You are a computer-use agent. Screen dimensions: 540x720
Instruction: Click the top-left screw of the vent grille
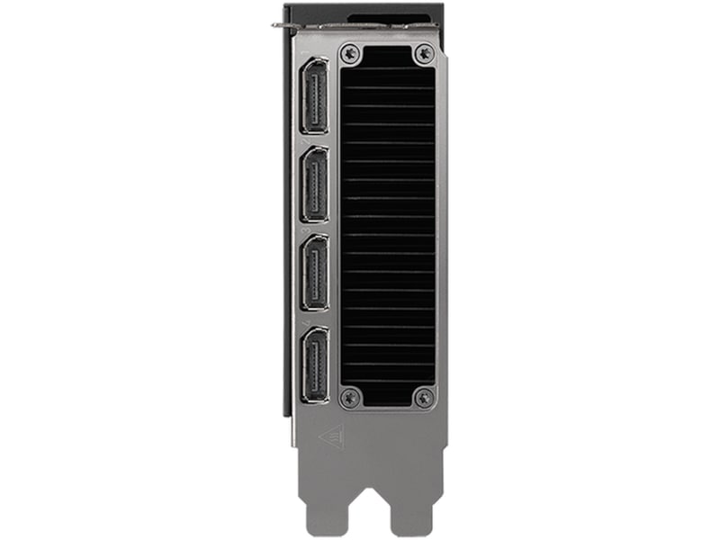pyautogui.click(x=351, y=54)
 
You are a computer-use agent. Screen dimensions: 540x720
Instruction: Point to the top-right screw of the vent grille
pyautogui.click(x=422, y=54)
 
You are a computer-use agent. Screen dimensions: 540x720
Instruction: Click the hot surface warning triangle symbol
pyautogui.click(x=330, y=437)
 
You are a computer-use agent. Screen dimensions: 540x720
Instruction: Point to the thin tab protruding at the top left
pyautogui.click(x=278, y=23)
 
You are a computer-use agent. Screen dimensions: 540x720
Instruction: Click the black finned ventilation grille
pyautogui.click(x=387, y=225)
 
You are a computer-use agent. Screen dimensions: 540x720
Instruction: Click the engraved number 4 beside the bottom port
pyautogui.click(x=305, y=320)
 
